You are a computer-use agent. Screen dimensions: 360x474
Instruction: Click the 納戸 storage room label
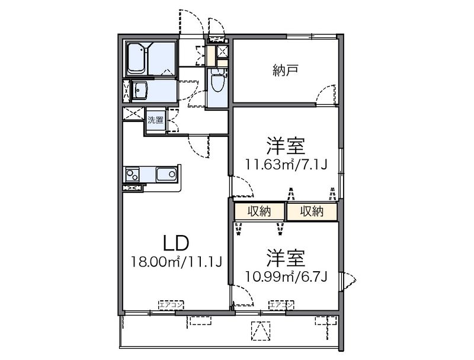click(285, 71)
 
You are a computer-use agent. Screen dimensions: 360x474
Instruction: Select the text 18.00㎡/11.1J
click(177, 261)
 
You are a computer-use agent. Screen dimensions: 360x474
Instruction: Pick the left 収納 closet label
click(260, 211)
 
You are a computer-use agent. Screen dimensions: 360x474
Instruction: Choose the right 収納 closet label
click(311, 211)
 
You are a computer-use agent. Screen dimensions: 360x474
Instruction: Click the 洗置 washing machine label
click(155, 120)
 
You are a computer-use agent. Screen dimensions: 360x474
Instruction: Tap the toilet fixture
click(217, 82)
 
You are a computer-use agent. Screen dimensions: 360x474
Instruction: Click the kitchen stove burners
click(132, 175)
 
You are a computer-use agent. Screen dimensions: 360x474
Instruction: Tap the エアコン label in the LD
click(171, 305)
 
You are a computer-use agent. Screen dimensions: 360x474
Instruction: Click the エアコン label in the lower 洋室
click(282, 305)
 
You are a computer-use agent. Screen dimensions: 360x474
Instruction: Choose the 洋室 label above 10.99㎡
click(286, 258)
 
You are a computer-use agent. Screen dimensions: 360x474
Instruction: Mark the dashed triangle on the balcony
click(260, 330)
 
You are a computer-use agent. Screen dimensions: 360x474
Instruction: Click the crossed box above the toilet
click(223, 52)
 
